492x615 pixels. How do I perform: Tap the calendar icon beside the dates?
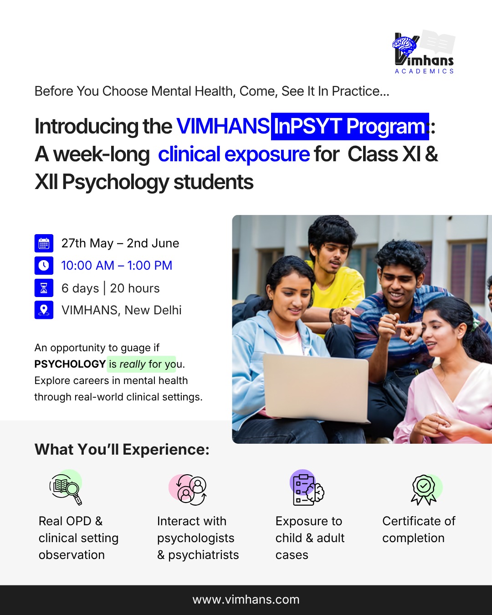point(44,243)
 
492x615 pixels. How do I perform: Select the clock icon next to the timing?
point(44,266)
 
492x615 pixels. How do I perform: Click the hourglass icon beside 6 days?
point(44,288)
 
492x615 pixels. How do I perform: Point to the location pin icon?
point(44,310)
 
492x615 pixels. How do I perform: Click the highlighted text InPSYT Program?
point(350,126)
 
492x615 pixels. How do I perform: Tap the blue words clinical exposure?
point(234,154)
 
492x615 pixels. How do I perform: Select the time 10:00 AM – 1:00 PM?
point(117,266)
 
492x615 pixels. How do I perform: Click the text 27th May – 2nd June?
point(120,243)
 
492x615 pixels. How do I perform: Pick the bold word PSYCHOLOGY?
point(70,364)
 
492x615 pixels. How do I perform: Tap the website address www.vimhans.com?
point(246,599)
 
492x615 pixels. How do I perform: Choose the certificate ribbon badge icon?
point(424,490)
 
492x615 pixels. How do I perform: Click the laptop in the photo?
point(316,388)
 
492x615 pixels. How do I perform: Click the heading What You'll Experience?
point(122,450)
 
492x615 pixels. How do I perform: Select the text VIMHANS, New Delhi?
point(122,310)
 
